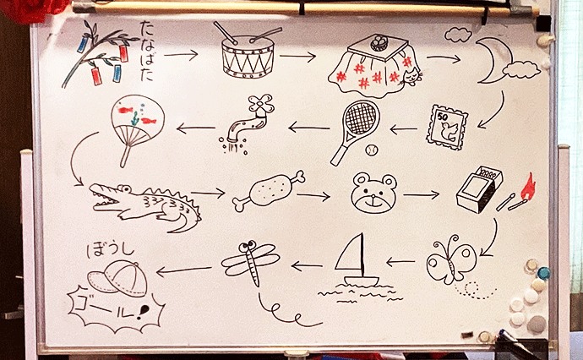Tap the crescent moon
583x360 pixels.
pos(490,62)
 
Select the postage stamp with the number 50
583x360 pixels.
pos(447,128)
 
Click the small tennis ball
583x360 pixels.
pos(371,150)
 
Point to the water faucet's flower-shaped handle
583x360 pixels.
pos(261,103)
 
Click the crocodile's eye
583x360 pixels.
pos(125,188)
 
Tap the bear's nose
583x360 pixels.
pos(372,196)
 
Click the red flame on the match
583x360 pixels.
pos(527,186)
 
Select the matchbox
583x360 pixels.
pos(479,189)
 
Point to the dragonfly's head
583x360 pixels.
pos(249,247)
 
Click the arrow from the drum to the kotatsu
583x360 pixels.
pos(297,57)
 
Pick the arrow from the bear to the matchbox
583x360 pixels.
pos(421,194)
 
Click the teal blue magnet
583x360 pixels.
pos(543,273)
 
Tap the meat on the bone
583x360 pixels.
pos(269,190)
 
